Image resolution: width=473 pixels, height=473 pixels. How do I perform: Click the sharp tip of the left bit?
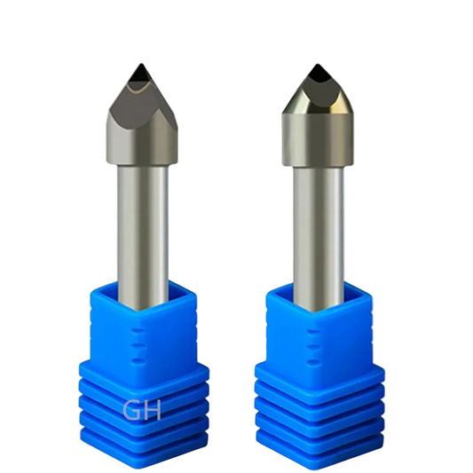point(141,64)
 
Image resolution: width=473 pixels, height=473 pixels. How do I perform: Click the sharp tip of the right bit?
point(317,64)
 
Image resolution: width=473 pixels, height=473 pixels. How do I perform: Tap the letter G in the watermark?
point(131,410)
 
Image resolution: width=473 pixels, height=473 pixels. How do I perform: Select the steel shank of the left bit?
point(143,235)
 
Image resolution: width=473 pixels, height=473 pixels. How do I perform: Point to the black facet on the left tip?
point(140,76)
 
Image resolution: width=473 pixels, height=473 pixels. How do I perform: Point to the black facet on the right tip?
point(318,74)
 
